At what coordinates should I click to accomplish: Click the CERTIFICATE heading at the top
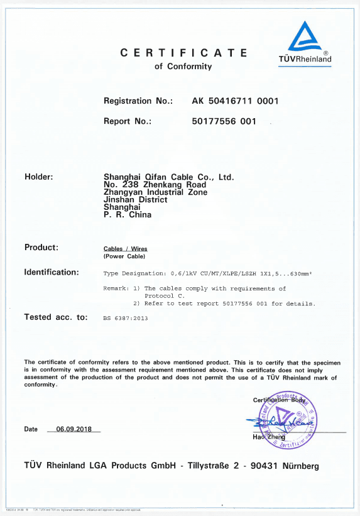tap(183, 53)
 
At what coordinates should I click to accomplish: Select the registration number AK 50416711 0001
tap(235, 101)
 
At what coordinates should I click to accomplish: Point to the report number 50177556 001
tap(224, 121)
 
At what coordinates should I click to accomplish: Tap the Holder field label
tap(38, 177)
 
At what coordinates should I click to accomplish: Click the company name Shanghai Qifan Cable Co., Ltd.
tap(168, 177)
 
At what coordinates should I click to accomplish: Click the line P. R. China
tap(127, 214)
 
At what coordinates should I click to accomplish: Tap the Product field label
tap(41, 247)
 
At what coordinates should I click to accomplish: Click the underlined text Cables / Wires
tap(125, 249)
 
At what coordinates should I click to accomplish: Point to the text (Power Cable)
tap(124, 256)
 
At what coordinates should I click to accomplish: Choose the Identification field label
tap(52, 272)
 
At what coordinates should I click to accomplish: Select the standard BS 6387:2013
tap(126, 318)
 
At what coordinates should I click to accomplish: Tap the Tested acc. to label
tap(56, 317)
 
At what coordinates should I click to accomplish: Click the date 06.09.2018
tap(74, 429)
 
